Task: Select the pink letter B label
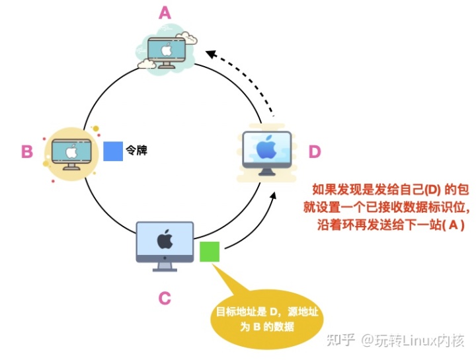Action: pos(27,152)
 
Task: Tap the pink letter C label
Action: pos(165,298)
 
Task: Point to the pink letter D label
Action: pos(315,152)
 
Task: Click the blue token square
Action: pos(113,151)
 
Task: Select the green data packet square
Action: pos(209,252)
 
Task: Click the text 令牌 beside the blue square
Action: pos(136,151)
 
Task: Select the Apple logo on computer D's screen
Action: pos(266,147)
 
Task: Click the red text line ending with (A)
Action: pos(391,225)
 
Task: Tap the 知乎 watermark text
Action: pos(342,340)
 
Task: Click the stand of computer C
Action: pos(165,266)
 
